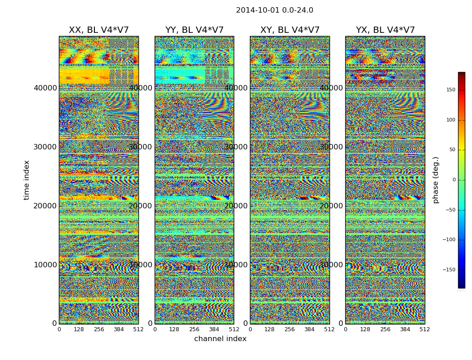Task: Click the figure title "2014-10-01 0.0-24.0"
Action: coord(274,10)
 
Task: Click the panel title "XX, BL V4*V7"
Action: coord(98,30)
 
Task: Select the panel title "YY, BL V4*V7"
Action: coord(194,30)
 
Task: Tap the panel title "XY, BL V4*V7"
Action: coord(290,30)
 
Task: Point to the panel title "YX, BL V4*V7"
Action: coord(385,30)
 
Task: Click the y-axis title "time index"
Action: coord(27,180)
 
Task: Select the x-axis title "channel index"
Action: coord(220,339)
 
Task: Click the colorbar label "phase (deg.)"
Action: coord(436,180)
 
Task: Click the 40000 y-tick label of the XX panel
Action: coord(45,88)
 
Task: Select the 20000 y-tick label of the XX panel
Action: coord(45,206)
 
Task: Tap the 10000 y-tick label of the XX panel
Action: coord(45,265)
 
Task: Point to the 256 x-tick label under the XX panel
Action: coord(99,329)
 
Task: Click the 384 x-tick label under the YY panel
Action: coord(214,329)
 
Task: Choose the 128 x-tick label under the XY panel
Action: coord(270,329)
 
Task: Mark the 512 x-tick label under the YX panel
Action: coord(425,329)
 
